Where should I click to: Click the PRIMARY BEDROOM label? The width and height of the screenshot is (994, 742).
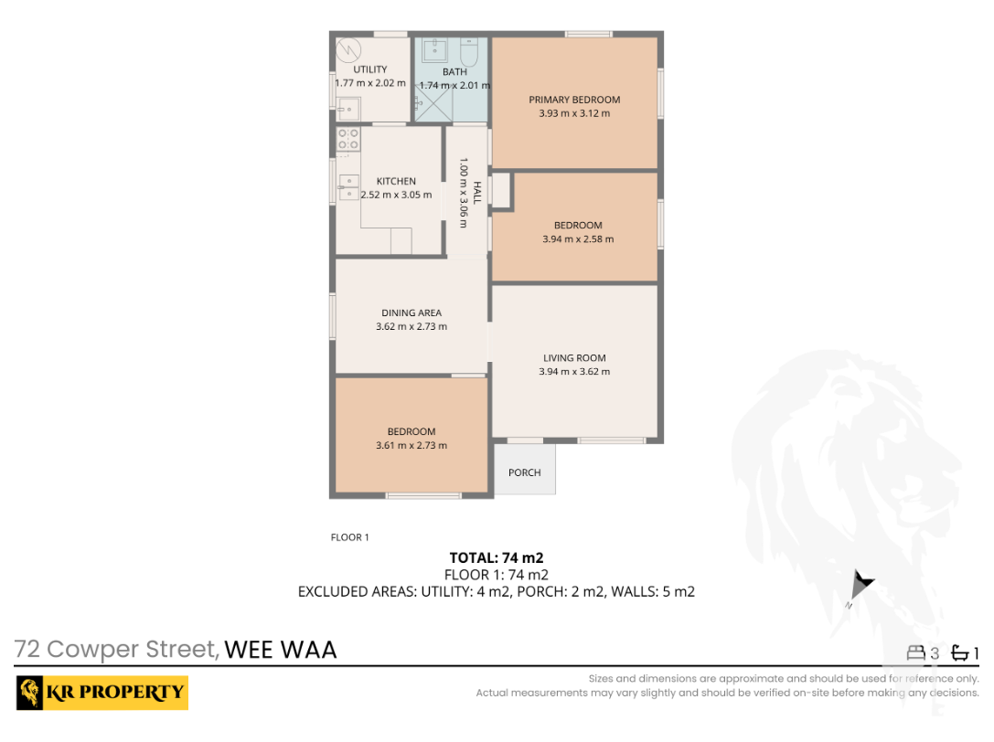574,100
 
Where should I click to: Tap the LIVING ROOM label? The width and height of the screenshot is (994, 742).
574,358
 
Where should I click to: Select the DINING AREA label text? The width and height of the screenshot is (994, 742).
411,313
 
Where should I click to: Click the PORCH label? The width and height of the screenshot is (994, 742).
525,472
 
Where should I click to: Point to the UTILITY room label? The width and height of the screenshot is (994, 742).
370,69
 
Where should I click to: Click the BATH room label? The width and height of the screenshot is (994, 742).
454,71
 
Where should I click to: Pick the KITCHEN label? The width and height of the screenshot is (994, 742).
396,181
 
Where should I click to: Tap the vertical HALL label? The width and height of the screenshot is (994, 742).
476,192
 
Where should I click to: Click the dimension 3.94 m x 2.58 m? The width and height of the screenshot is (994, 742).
578,239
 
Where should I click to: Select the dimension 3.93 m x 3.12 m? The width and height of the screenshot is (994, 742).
574,114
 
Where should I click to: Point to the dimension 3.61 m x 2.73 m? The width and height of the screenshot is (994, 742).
411,446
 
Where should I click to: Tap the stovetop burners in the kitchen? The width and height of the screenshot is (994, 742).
348,139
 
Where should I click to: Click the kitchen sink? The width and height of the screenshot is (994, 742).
348,186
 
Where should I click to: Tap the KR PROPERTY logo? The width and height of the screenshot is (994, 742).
102,692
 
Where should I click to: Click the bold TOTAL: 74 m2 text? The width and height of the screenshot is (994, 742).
497,557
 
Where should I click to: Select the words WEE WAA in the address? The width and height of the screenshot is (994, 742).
281,650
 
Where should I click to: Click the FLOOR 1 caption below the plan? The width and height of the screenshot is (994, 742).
349,537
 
